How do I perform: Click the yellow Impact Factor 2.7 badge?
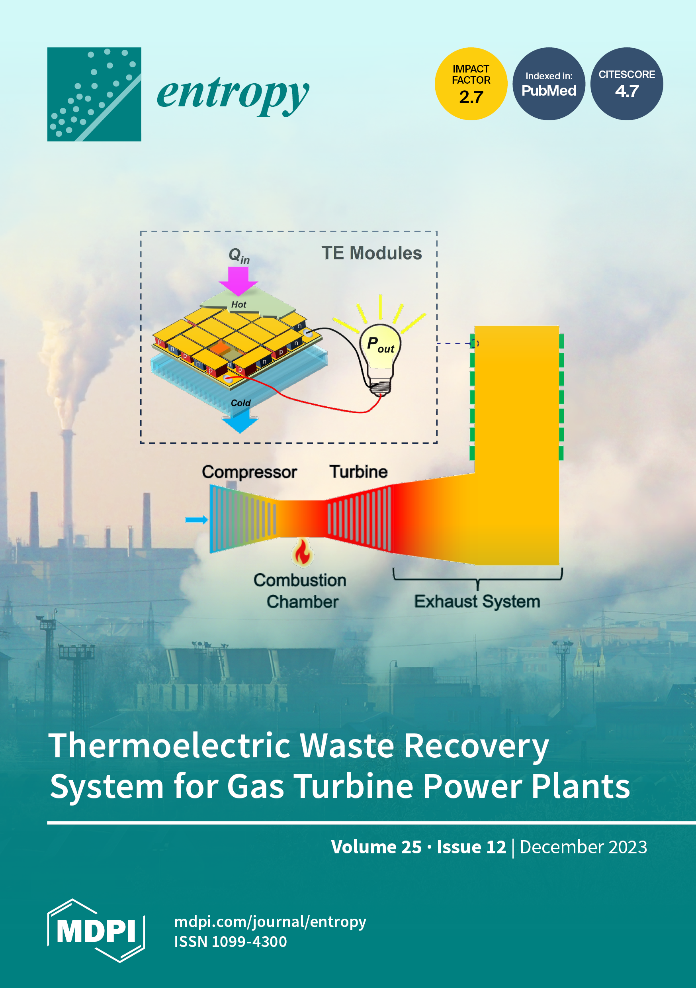471,84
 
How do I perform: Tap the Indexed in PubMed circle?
549,84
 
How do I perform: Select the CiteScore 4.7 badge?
627,84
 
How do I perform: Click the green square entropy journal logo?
94,94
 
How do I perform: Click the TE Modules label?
371,253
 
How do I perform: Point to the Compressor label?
250,472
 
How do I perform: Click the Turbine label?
359,472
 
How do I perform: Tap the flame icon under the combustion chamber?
302,552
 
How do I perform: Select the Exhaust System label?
477,601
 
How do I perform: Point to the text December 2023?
583,847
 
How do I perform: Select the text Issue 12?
471,847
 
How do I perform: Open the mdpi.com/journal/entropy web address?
270,921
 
